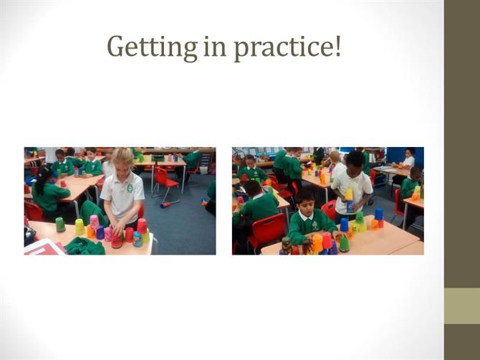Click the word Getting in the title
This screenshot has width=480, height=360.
[152, 47]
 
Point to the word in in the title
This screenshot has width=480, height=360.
[215, 47]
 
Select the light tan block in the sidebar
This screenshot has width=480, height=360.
[462, 305]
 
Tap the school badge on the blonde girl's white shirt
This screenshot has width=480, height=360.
[130, 188]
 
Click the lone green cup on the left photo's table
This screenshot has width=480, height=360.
[60, 224]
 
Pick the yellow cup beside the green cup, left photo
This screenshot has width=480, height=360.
[80, 227]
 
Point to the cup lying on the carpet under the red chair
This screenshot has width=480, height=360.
[165, 204]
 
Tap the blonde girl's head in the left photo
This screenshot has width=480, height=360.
[123, 160]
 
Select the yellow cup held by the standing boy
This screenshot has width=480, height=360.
[349, 195]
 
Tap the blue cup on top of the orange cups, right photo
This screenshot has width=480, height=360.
[379, 214]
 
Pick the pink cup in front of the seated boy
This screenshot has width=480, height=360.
[327, 240]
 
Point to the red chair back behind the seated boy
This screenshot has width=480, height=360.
[329, 209]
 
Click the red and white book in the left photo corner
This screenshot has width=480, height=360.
[44, 247]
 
